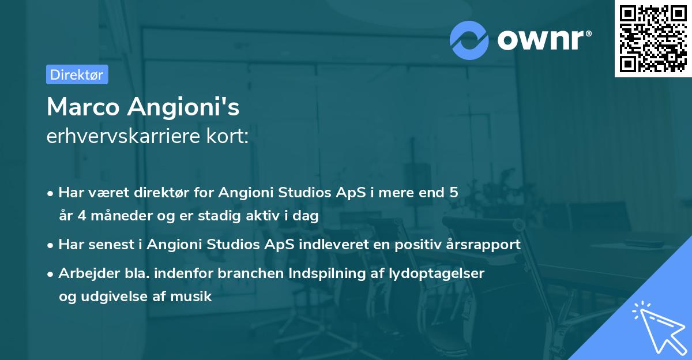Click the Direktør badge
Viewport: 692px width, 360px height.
pos(77,74)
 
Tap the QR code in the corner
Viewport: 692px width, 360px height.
pos(652,38)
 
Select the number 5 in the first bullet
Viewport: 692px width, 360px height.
pos(454,192)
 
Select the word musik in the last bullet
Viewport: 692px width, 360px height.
pos(194,297)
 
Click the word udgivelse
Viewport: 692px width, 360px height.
pos(116,297)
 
